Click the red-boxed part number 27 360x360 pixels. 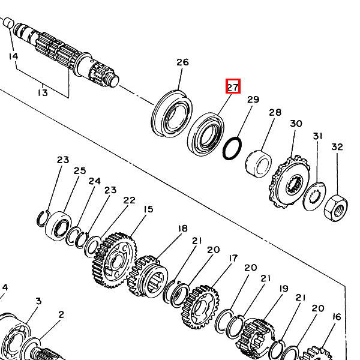pyautogui.click(x=233, y=86)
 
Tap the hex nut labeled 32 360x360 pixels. pyautogui.click(x=335, y=208)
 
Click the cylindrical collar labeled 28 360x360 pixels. pyautogui.click(x=258, y=163)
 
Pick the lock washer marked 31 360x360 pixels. pyautogui.click(x=311, y=196)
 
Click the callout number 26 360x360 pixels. pyautogui.click(x=182, y=62)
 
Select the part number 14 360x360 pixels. pyautogui.click(x=13, y=56)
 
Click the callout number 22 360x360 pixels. pyautogui.click(x=129, y=200)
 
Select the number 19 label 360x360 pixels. pyautogui.click(x=283, y=289)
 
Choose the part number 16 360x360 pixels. pyautogui.click(x=336, y=317)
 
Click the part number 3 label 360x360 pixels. pyautogui.click(x=38, y=301)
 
